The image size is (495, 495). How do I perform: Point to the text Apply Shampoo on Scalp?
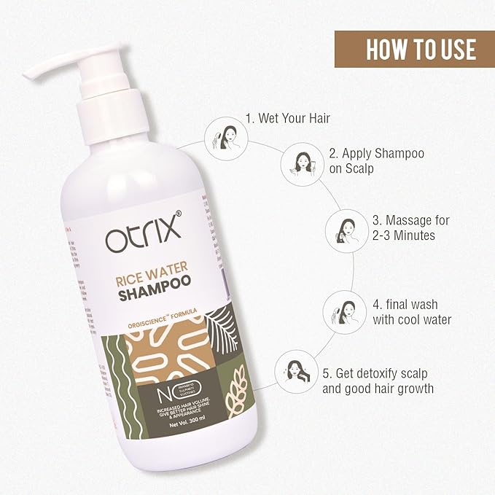[x=376, y=161]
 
